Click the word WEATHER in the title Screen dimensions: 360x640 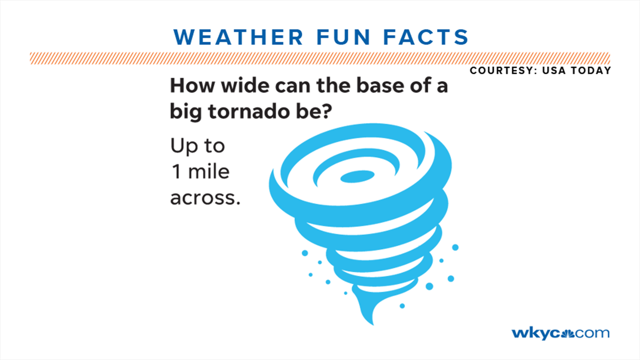coord(238,37)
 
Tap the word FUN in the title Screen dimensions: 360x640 coord(343,37)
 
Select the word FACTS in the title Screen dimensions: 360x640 coord(426,37)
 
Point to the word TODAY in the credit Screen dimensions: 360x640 coord(591,71)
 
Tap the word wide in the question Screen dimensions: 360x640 coord(246,86)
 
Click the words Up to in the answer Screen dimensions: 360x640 coord(198,146)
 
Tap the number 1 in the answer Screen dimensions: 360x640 coord(176,172)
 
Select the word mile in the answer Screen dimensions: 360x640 coord(209,172)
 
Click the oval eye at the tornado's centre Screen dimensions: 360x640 coord(357,177)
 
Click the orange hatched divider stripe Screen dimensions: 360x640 coord(320,58)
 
